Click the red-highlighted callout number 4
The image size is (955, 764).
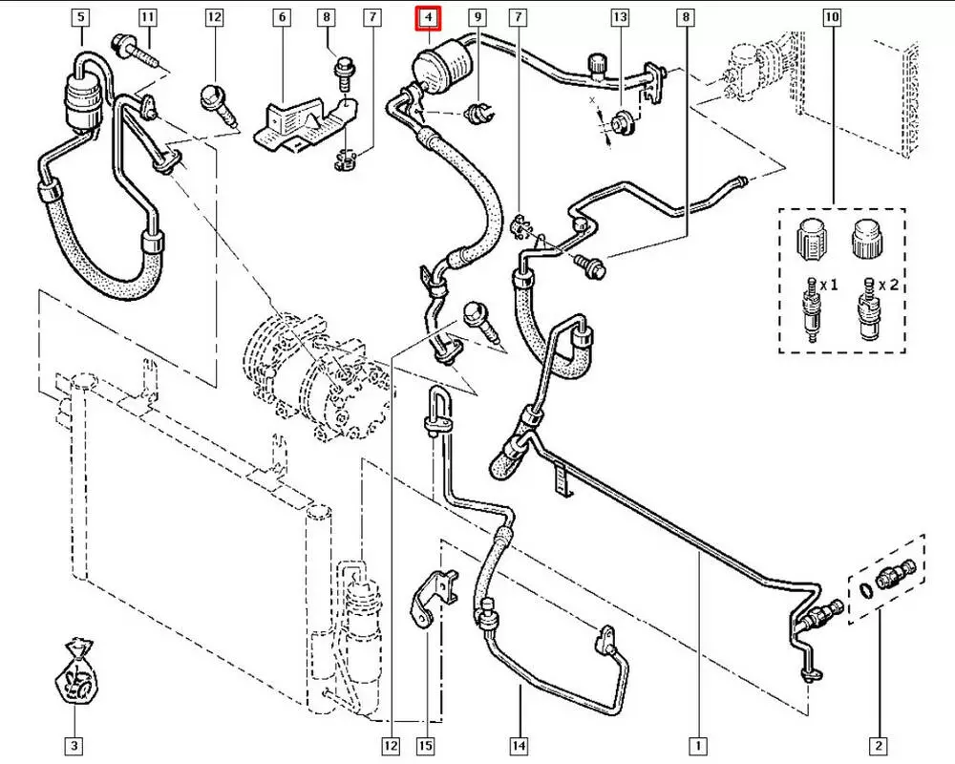click(429, 17)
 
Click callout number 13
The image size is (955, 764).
click(621, 17)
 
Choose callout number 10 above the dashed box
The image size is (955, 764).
click(832, 17)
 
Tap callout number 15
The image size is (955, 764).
click(428, 745)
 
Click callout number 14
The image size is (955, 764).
click(520, 745)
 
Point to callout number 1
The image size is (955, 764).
click(699, 745)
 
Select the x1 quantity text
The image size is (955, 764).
click(828, 286)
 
